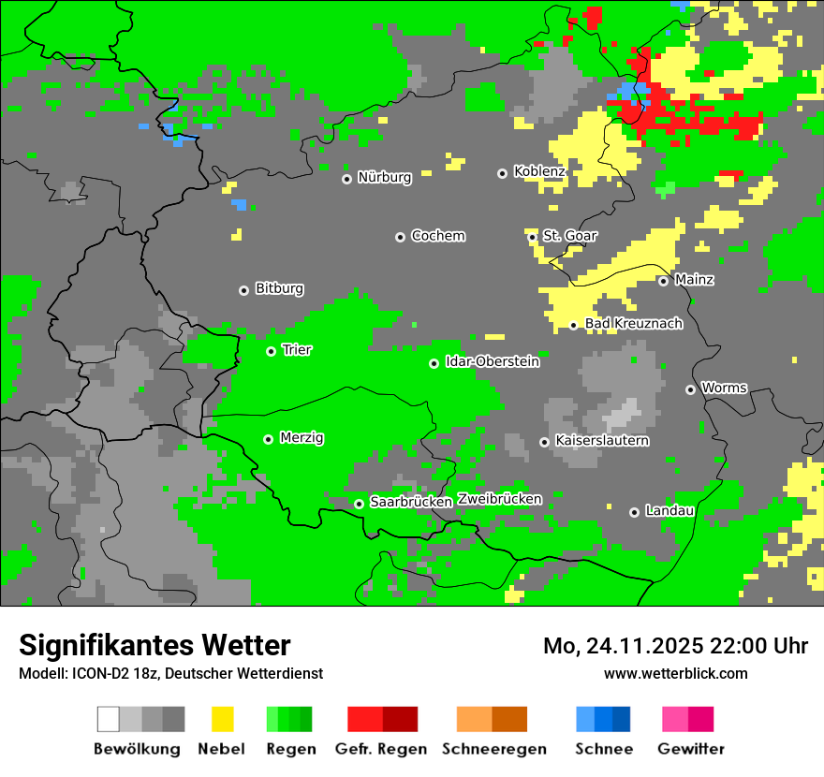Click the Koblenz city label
click(x=539, y=171)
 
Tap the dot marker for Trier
click(x=271, y=351)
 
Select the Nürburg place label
click(x=384, y=177)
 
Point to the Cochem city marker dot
click(x=400, y=237)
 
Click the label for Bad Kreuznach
click(x=633, y=324)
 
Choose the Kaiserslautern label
click(x=601, y=440)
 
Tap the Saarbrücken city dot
click(x=359, y=504)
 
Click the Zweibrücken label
click(x=499, y=499)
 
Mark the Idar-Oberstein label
click(x=492, y=361)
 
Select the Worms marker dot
click(x=690, y=389)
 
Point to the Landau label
click(x=669, y=510)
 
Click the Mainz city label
click(x=694, y=279)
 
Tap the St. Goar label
click(x=569, y=236)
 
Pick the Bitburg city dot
click(x=243, y=290)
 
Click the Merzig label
click(x=302, y=437)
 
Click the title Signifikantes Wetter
click(x=154, y=645)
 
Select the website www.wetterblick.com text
click(x=675, y=673)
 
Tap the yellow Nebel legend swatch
click(x=222, y=719)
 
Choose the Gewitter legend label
click(x=690, y=749)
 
